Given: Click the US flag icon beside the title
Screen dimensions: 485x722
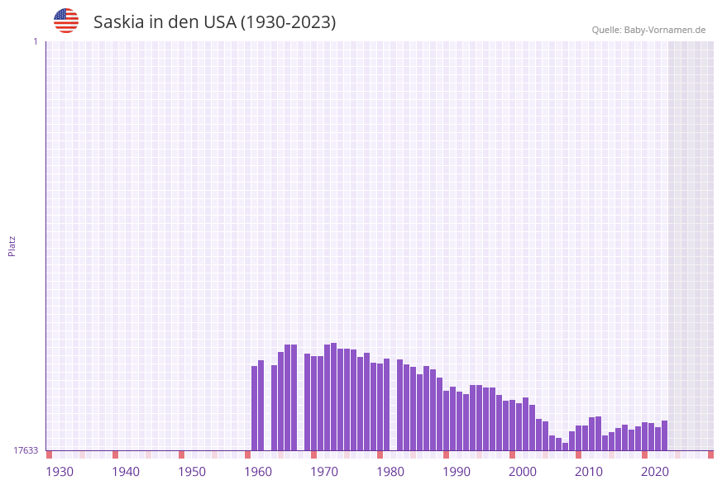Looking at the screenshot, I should click(66, 21).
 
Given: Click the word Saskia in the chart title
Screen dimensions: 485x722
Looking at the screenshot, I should click(118, 22).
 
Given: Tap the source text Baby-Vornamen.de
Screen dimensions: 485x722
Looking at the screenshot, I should click(664, 30).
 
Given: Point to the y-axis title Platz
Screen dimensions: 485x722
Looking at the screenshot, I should click(12, 245).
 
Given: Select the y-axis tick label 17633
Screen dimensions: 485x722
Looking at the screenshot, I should click(26, 450).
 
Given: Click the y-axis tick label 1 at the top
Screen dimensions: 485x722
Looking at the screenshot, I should click(35, 41).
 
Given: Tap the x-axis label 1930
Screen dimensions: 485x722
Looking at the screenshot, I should click(60, 472).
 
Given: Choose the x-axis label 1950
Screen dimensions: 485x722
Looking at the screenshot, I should click(192, 472).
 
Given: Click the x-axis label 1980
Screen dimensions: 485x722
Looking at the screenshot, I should click(390, 472).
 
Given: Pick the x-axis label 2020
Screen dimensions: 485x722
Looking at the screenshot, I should click(655, 472).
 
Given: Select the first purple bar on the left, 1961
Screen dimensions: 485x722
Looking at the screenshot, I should click(255, 408).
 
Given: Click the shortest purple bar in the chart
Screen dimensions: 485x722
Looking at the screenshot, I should click(566, 447).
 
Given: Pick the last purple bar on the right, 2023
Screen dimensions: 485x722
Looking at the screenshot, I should click(665, 435).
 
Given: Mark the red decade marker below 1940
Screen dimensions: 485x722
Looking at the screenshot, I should click(116, 454).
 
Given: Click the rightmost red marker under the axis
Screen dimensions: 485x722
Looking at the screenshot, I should click(710, 454).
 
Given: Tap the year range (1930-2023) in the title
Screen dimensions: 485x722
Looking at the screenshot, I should click(288, 22).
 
